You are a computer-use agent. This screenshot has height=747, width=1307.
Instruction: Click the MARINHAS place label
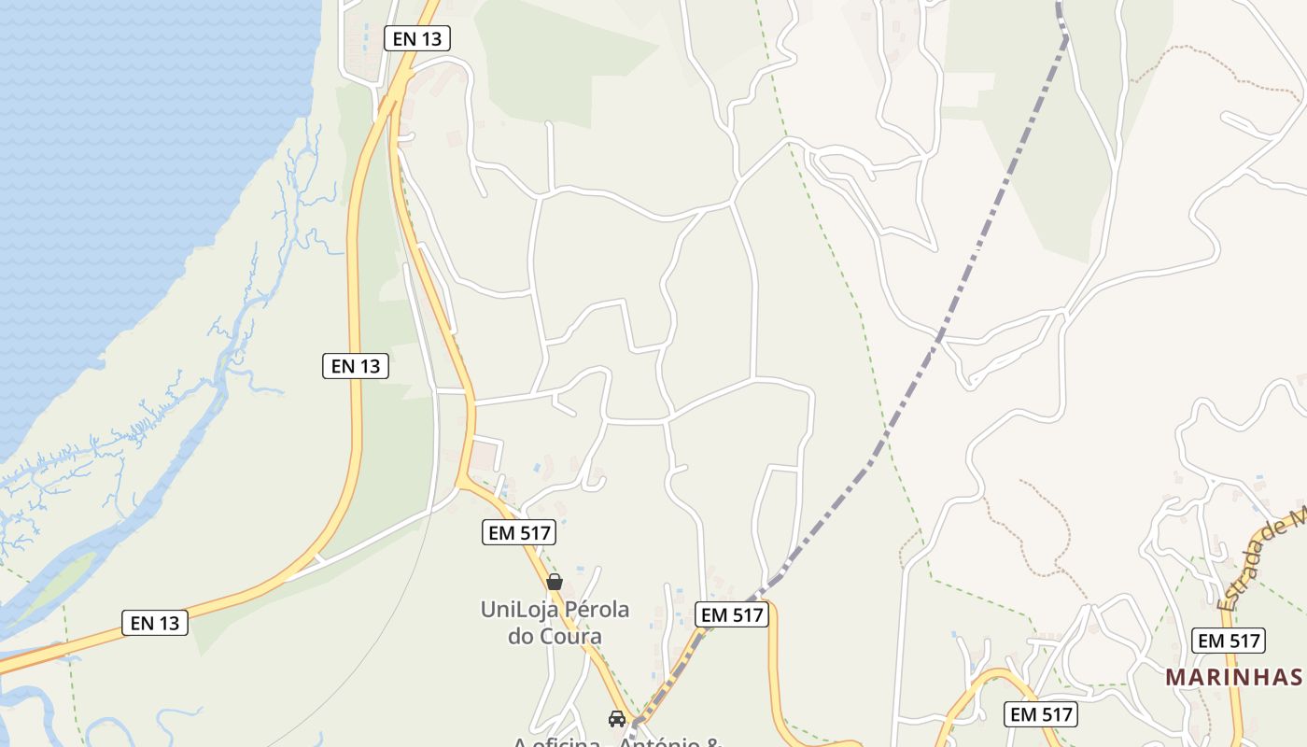coord(1233,677)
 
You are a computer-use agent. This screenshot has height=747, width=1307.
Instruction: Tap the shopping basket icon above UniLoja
coord(555,582)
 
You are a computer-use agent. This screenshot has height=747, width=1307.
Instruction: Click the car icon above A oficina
coord(616,718)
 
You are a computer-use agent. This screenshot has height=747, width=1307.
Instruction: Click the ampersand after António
coord(715,743)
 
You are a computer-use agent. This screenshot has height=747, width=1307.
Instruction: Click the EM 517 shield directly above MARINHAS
coord(1229,641)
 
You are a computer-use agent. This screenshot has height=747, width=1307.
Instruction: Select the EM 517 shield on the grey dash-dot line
coord(732,614)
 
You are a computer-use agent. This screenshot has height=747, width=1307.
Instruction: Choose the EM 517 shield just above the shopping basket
coord(520,532)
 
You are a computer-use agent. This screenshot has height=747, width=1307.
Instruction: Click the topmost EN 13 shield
coord(417,38)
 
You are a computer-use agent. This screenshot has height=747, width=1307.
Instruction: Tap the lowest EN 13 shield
coord(155,623)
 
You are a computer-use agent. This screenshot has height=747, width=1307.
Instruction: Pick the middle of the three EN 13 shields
coord(356,366)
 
